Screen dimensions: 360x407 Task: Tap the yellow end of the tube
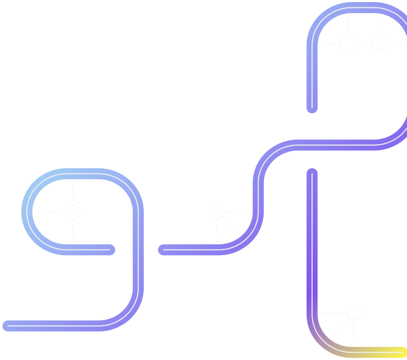pyautogui.click(x=401, y=352)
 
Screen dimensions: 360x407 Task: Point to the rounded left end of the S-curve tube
pyautogui.click(x=164, y=250)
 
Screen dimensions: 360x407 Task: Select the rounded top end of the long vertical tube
pyautogui.click(x=312, y=173)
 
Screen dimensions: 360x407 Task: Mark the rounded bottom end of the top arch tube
pyautogui.click(x=312, y=108)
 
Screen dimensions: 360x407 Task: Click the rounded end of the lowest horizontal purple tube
pyautogui.click(x=7, y=326)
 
